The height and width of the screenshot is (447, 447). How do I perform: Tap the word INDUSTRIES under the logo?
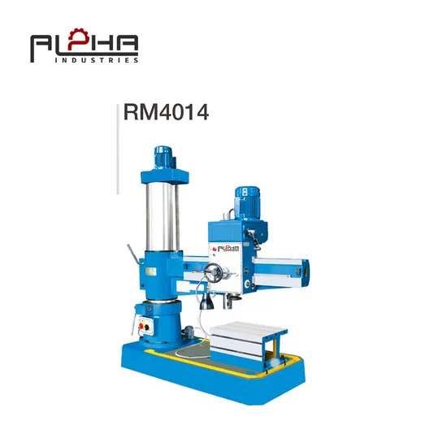97,60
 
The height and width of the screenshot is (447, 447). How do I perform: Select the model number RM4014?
166,112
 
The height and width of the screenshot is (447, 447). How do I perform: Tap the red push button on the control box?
141,326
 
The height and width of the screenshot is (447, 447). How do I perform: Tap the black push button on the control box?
147,328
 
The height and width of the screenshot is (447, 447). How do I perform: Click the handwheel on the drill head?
214,272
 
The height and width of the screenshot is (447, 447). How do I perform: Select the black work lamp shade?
206,302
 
